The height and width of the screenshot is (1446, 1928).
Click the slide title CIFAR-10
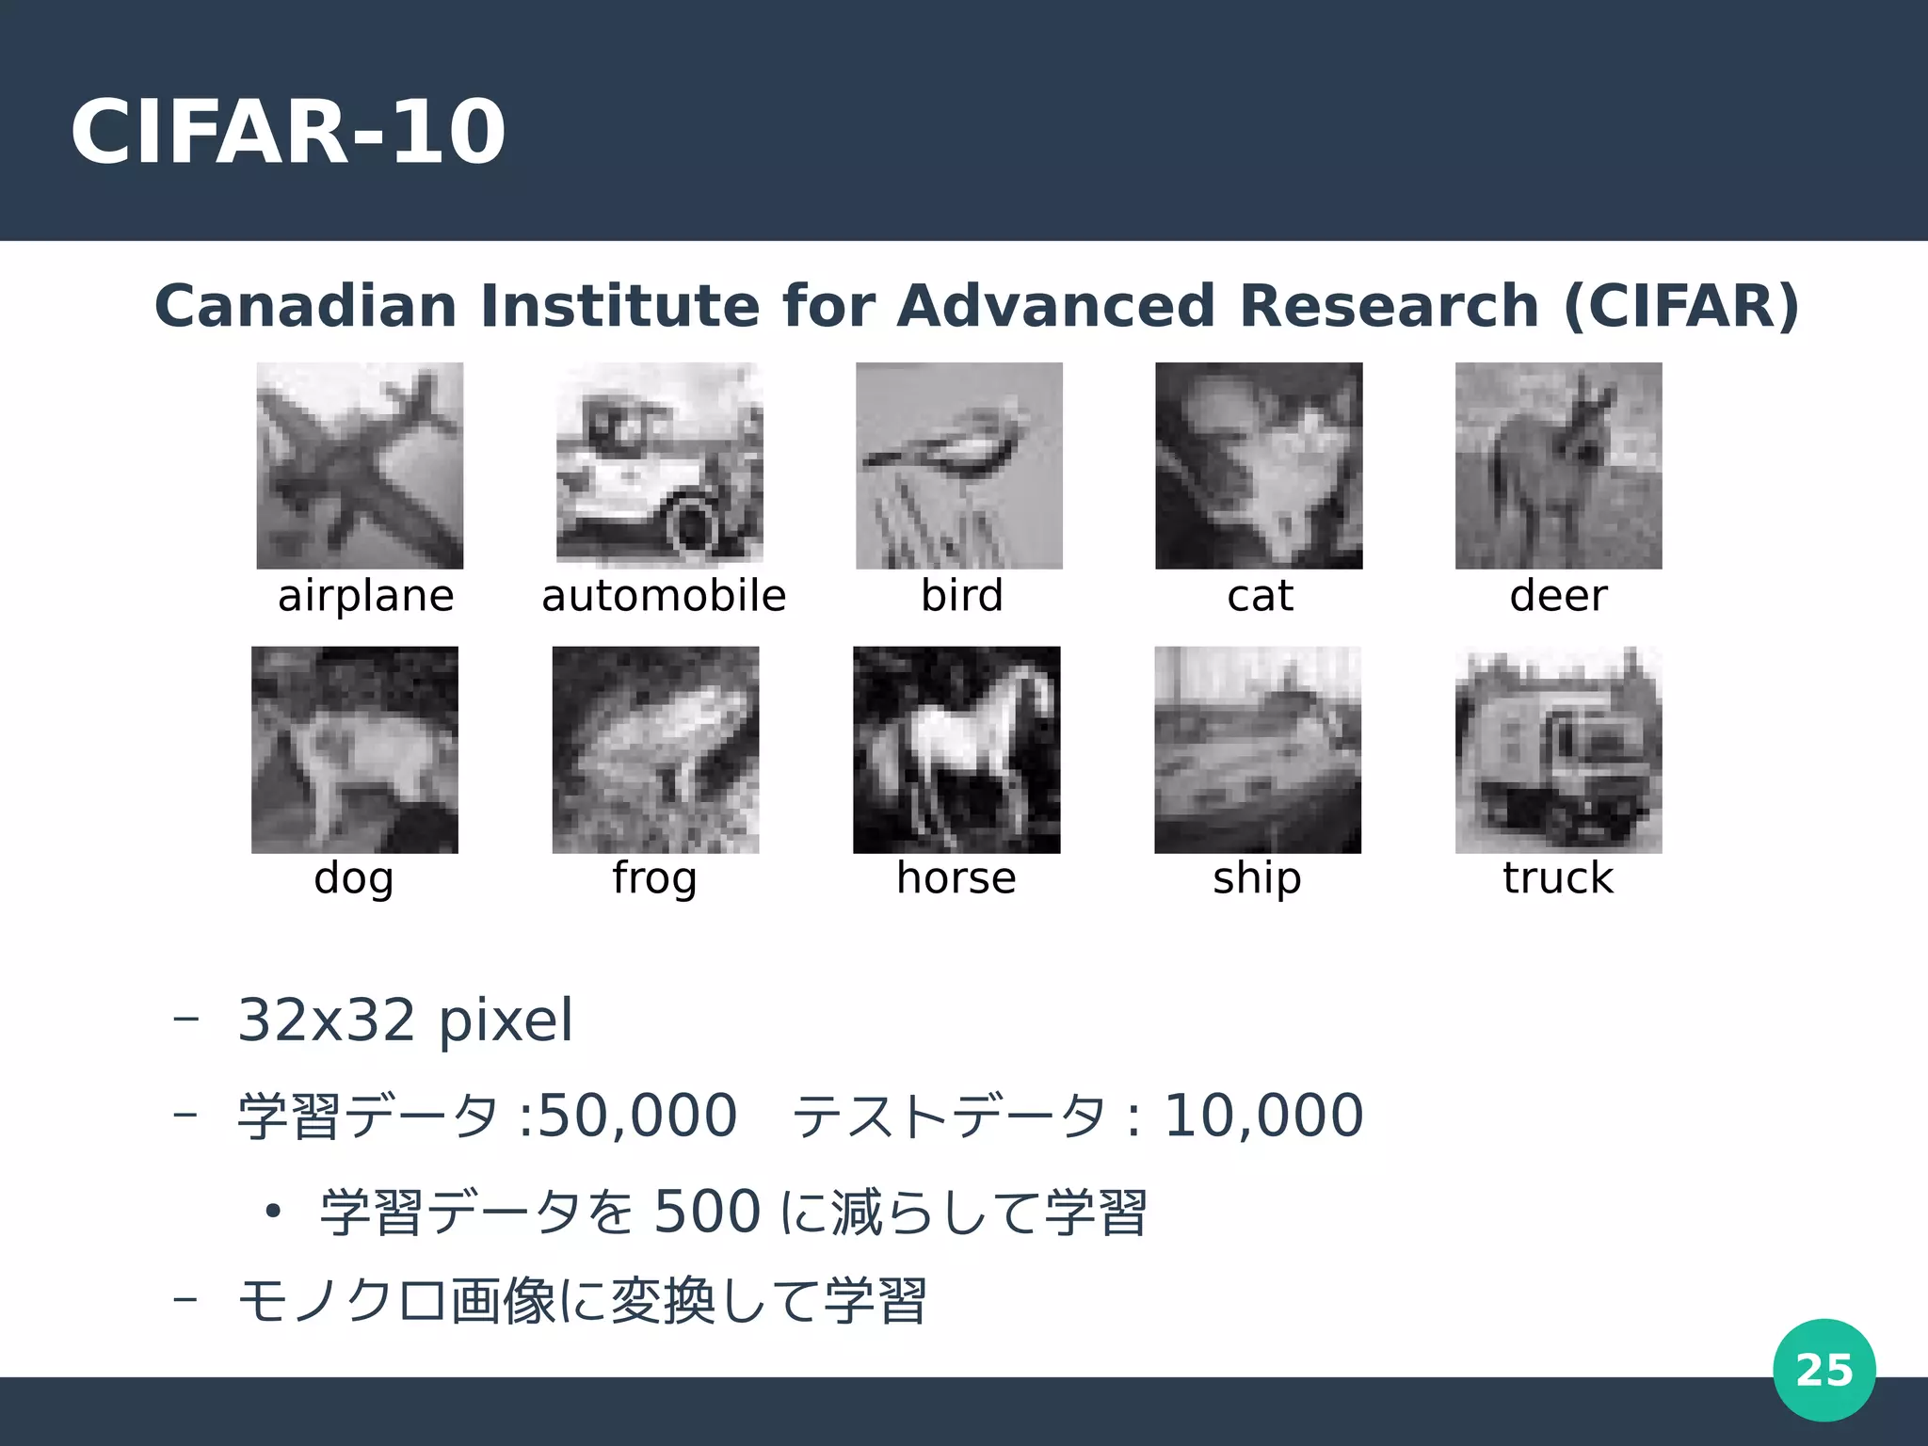tap(288, 132)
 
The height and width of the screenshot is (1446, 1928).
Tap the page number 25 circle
tap(1824, 1370)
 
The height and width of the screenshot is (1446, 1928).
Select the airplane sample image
tap(360, 465)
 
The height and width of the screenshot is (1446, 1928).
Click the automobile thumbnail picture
tap(659, 465)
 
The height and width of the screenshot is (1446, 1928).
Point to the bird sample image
tap(958, 465)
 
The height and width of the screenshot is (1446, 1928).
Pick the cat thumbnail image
tap(1259, 465)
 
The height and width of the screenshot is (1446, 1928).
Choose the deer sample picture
tap(1558, 465)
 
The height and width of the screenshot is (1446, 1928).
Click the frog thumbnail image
tap(655, 749)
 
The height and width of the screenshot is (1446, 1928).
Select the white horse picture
tap(956, 749)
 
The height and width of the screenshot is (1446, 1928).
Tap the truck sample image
tap(1558, 749)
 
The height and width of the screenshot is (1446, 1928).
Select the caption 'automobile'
tap(664, 596)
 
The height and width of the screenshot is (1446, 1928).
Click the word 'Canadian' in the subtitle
tap(305, 306)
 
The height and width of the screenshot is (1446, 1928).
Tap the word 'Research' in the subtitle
tap(1389, 306)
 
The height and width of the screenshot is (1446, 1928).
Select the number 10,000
tap(1263, 1116)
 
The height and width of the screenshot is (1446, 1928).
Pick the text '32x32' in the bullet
tap(326, 1020)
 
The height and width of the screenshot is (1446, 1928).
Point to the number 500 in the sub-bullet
tap(707, 1212)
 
